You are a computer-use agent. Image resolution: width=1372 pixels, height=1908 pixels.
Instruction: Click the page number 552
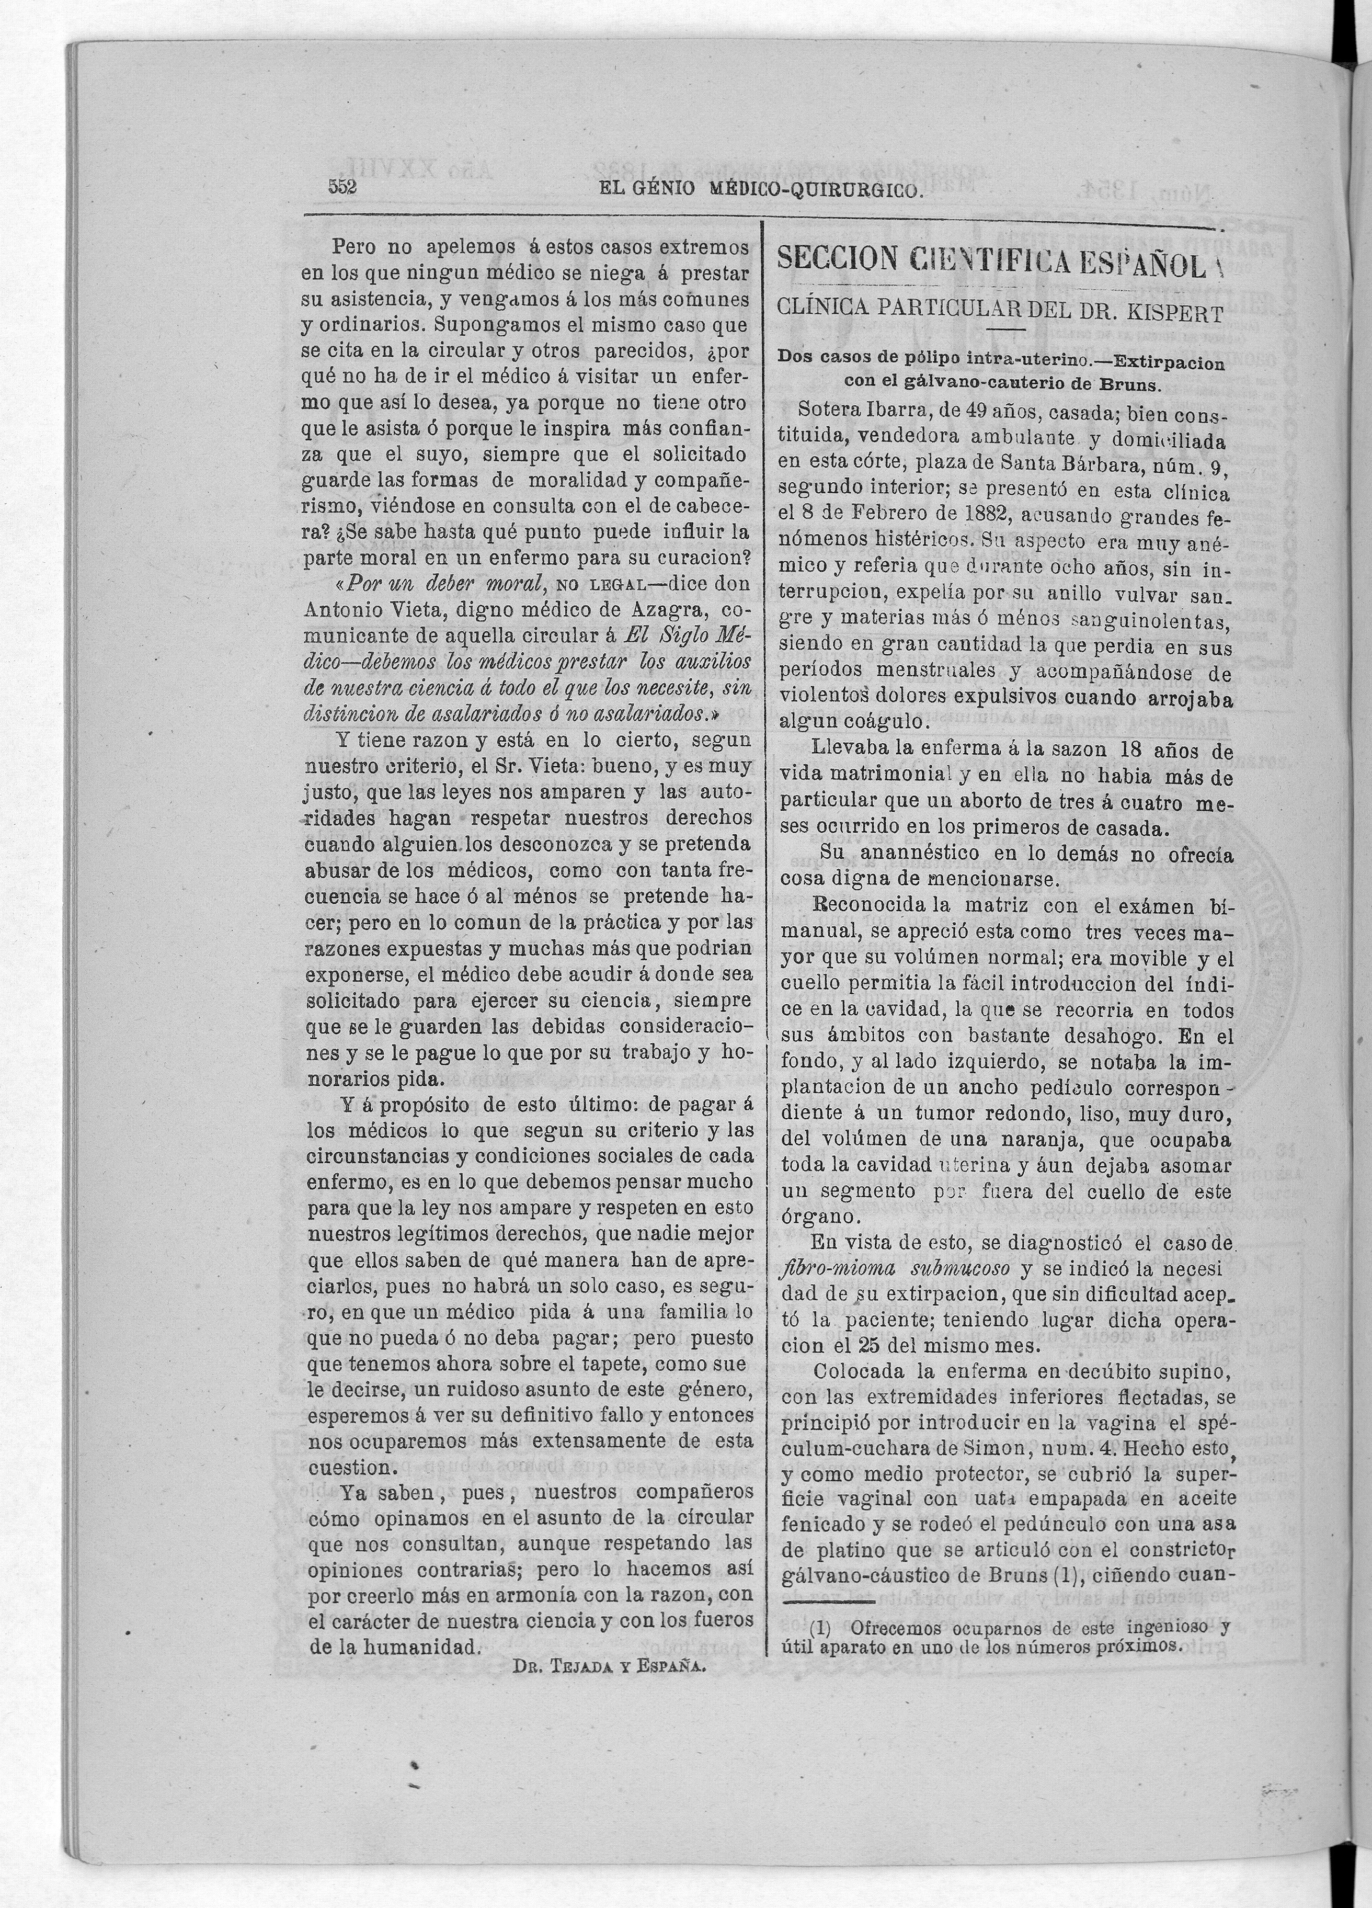[343, 188]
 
